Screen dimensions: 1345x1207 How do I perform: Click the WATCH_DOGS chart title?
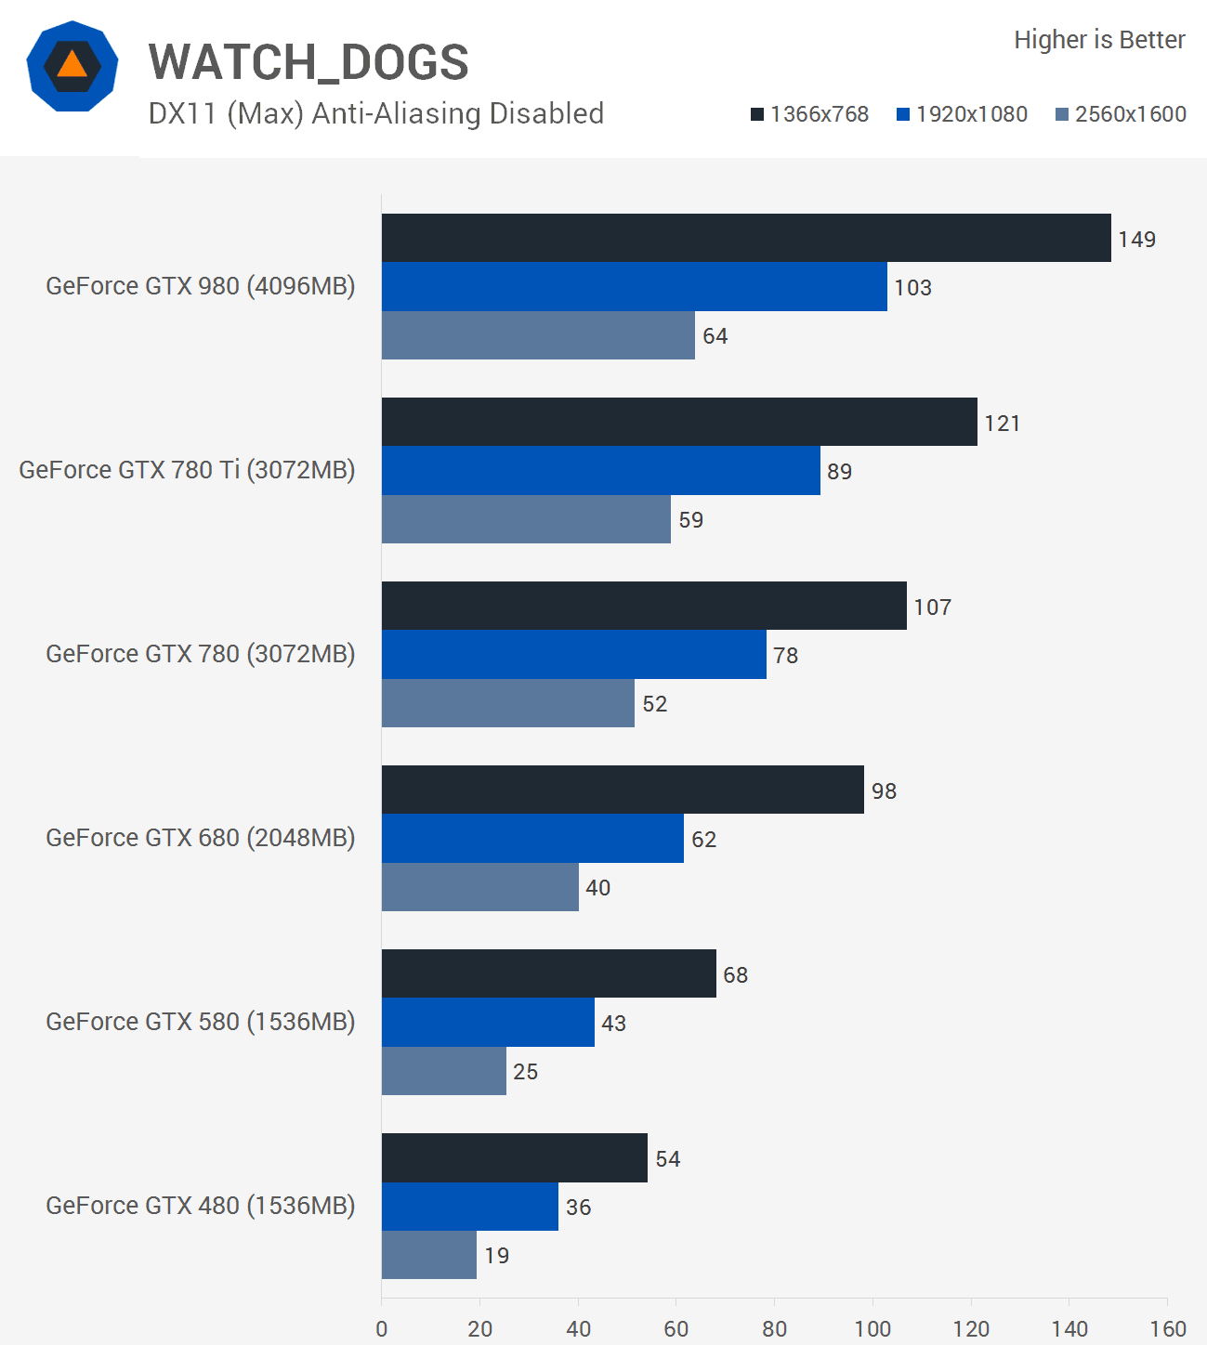pyautogui.click(x=308, y=62)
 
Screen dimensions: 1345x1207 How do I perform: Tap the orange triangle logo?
pyautogui.click(x=72, y=66)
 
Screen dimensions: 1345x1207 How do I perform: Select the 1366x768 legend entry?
pyautogui.click(x=809, y=114)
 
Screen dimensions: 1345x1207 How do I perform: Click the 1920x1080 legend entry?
pyautogui.click(x=962, y=114)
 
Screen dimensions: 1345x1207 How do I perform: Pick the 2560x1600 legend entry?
pyautogui.click(x=1121, y=114)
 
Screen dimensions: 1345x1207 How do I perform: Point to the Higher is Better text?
pyautogui.click(x=1099, y=40)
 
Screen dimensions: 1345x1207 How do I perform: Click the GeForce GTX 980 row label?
pyautogui.click(x=201, y=286)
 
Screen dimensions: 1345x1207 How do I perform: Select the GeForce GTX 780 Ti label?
pyautogui.click(x=187, y=470)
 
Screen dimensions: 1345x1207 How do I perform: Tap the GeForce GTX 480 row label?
pyautogui.click(x=201, y=1206)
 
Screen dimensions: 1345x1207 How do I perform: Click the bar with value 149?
pyautogui.click(x=746, y=238)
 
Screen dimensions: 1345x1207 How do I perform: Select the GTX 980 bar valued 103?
pyautogui.click(x=634, y=286)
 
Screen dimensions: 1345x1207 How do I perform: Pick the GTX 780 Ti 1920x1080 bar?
pyautogui.click(x=600, y=470)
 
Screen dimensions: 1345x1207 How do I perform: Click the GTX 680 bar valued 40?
pyautogui.click(x=479, y=887)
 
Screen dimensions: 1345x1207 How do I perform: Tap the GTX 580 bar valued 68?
pyautogui.click(x=548, y=973)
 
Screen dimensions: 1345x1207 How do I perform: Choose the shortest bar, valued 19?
pyautogui.click(x=428, y=1255)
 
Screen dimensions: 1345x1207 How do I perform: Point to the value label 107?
pyautogui.click(x=932, y=607)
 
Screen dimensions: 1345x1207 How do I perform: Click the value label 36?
pyautogui.click(x=578, y=1208)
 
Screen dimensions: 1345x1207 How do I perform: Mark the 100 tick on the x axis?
pyautogui.click(x=872, y=1329)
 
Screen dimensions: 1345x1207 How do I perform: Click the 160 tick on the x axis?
pyautogui.click(x=1168, y=1329)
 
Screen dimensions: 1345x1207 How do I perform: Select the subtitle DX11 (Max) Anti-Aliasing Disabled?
pyautogui.click(x=376, y=113)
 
